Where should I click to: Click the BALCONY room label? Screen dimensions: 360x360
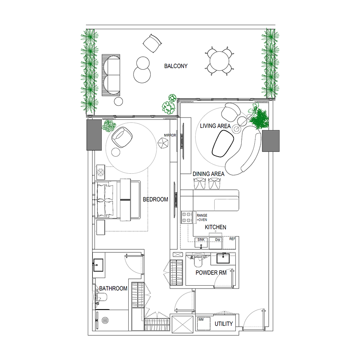point(175,66)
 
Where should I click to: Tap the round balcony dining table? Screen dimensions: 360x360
point(219,60)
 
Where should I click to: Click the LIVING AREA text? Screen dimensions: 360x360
point(215,126)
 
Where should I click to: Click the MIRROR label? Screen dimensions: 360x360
point(170,135)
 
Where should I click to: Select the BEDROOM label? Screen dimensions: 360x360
point(155,199)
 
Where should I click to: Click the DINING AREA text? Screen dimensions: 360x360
point(208,174)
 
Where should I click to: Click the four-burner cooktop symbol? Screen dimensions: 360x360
point(187,217)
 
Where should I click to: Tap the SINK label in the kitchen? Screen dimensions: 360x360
point(201,240)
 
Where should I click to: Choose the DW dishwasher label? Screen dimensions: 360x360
point(218,240)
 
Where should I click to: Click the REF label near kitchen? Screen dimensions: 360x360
point(232,239)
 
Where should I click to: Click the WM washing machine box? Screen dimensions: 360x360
point(201,320)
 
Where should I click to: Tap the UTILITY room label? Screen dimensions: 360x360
point(223,324)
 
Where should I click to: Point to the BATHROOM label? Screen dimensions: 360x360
point(113,288)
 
